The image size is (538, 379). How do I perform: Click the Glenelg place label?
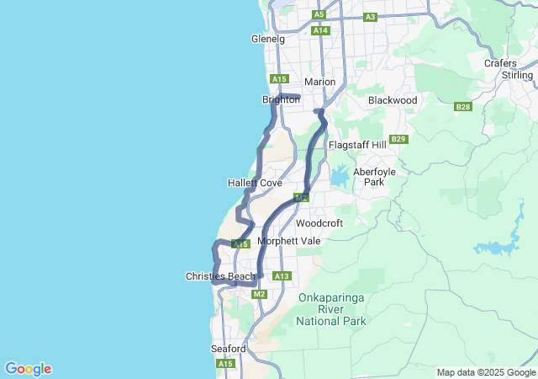pos(268,39)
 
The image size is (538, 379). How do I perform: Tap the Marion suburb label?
pos(319,82)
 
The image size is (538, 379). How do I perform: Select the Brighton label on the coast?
pos(281,99)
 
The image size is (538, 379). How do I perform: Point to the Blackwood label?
pos(393,100)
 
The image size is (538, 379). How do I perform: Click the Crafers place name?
pos(500,63)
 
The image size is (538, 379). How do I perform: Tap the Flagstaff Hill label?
pos(357,145)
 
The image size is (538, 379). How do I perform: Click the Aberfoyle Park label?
pos(375,176)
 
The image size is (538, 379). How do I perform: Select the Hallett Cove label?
pos(255,183)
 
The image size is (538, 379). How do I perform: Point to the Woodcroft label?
pos(319,223)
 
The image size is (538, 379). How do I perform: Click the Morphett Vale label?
pos(289,241)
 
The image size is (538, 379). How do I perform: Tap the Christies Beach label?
pos(220,276)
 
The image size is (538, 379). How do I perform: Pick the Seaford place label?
pos(228,349)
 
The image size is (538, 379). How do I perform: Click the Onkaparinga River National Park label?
pos(333,309)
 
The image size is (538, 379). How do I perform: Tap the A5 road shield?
pos(319,14)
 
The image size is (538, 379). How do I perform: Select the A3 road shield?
pos(370,17)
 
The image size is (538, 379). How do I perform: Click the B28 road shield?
pos(462,107)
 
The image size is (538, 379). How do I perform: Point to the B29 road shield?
pos(398,139)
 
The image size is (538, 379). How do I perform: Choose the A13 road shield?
pos(282,276)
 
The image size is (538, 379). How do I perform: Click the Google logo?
pos(28,369)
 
